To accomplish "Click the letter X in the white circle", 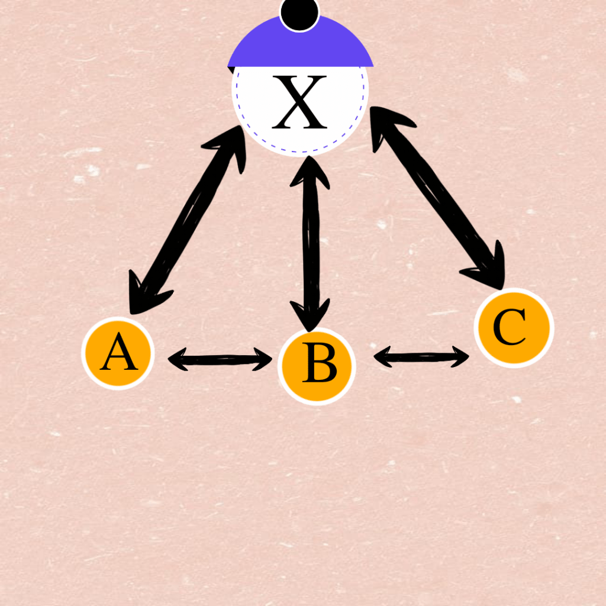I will (299, 102).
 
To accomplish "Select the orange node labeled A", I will (118, 353).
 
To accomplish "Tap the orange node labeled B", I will (317, 366).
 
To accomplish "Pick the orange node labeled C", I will (513, 327).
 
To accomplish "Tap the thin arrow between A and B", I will (220, 359).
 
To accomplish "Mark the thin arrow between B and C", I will (421, 356).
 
